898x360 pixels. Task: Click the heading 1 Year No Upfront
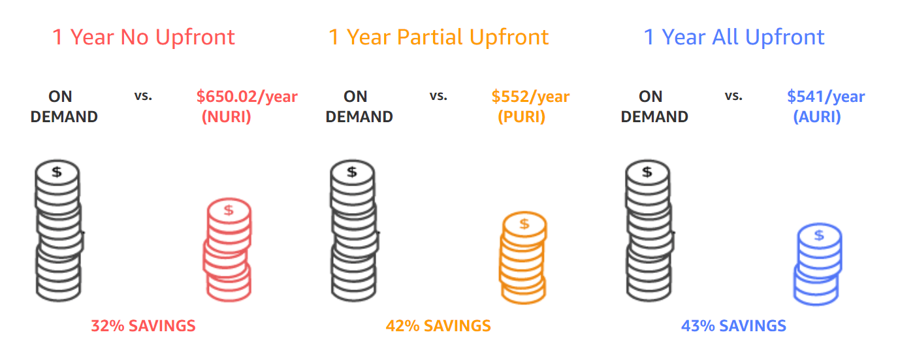coord(144,37)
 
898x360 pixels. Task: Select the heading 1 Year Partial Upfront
coord(439,37)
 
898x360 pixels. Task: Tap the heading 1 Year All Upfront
coord(734,37)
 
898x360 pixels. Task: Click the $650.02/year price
coord(247,97)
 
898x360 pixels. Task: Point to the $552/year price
coord(530,97)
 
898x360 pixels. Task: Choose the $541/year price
coord(826,97)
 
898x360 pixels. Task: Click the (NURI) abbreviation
coord(227,117)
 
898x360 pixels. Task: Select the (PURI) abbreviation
coord(522,117)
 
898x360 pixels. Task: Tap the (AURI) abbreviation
coord(817,117)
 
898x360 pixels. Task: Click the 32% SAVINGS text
coord(143,326)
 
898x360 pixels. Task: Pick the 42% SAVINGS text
coord(438,326)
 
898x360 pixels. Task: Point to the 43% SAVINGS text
coord(733,326)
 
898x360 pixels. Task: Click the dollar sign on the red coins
coord(229,210)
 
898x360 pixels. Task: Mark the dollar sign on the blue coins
coord(819,235)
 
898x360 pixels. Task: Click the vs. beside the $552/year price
coord(438,96)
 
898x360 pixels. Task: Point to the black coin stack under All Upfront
coord(649,231)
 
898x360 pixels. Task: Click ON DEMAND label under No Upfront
coord(64,106)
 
